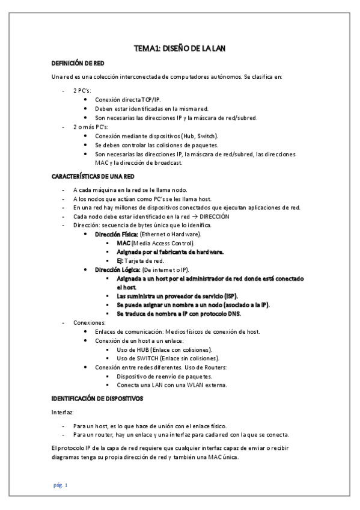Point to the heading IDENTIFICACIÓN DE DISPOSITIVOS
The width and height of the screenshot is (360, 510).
pyautogui.click(x=97, y=399)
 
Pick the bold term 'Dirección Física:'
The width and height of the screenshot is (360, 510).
pyautogui.click(x=117, y=233)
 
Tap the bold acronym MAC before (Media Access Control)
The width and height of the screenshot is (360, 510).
pyautogui.click(x=124, y=242)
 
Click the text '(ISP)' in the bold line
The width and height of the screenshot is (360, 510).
pyautogui.click(x=228, y=296)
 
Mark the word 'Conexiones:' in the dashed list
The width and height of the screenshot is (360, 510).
pyautogui.click(x=89, y=323)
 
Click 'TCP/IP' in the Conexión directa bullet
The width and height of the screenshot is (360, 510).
pyautogui.click(x=151, y=99)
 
